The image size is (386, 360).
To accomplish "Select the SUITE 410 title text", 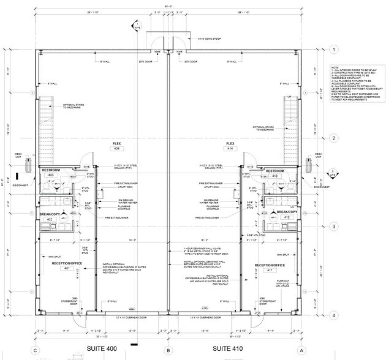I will (232, 348).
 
